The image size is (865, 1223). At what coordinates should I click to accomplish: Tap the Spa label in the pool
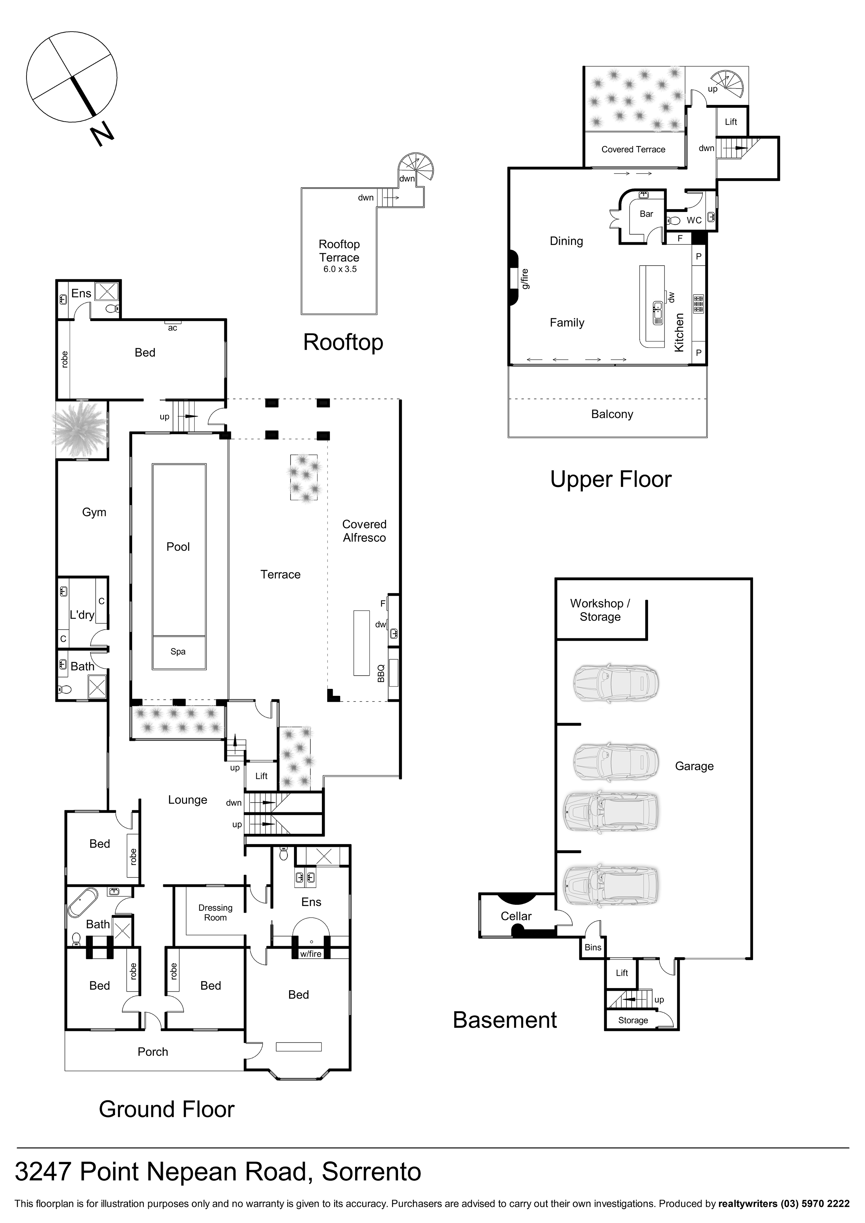(x=178, y=652)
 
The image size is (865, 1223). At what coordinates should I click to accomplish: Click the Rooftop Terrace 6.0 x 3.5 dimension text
(x=339, y=269)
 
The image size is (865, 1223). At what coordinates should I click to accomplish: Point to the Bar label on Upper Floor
(x=646, y=214)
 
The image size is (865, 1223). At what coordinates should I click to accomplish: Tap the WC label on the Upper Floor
(x=694, y=220)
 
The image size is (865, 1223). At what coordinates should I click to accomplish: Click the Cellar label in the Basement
(x=516, y=916)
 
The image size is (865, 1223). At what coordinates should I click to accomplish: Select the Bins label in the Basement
(x=593, y=947)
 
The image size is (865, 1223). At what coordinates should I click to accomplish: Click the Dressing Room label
(x=215, y=912)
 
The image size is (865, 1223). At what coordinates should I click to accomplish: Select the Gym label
(x=94, y=512)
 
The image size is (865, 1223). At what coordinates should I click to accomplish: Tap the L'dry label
(x=82, y=615)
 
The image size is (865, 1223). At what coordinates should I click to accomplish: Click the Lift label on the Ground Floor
(x=261, y=776)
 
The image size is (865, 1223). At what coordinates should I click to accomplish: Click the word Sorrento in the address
(x=371, y=1171)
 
